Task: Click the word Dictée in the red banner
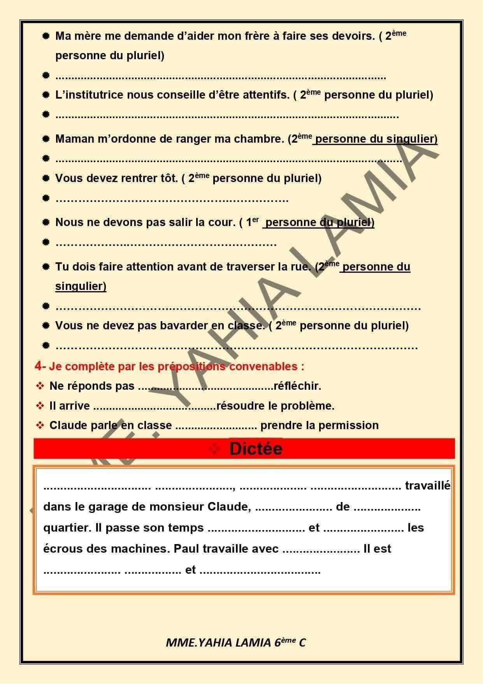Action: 256,449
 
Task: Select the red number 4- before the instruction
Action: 40,366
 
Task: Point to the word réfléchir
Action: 297,386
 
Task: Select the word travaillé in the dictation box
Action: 427,486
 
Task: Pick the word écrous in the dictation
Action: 63,549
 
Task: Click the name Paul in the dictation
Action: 184,549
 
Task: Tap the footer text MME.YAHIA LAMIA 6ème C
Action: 235,643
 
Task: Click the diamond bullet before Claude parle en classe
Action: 40,425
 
